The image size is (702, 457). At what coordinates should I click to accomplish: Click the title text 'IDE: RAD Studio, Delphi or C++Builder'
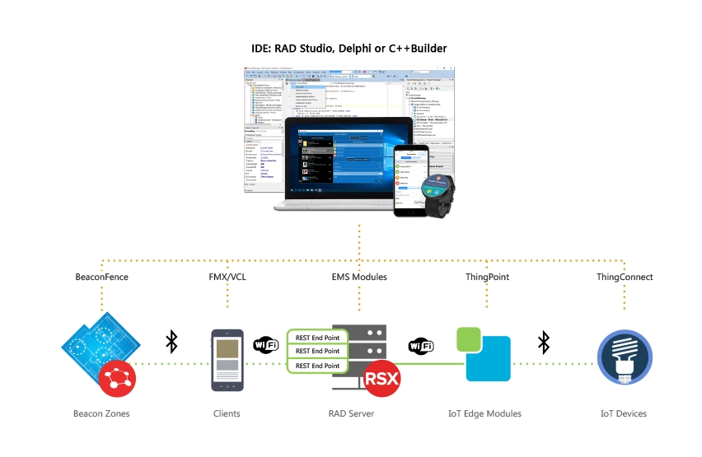click(349, 49)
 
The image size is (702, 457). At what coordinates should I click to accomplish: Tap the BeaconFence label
click(101, 277)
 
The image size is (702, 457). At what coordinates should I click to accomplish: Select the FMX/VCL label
click(227, 277)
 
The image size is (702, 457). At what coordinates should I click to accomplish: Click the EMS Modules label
click(358, 277)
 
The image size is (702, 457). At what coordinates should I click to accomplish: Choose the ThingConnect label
click(625, 277)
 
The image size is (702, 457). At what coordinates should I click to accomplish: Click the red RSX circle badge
click(382, 380)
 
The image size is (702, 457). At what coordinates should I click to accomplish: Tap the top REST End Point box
click(317, 337)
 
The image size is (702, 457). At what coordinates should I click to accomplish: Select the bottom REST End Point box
click(317, 366)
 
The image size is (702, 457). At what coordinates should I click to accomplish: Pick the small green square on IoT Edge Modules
click(468, 339)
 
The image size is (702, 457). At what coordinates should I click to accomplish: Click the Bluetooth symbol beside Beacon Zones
click(171, 342)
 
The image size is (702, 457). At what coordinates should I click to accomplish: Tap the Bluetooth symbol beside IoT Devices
click(544, 342)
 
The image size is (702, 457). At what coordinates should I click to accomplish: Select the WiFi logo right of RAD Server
click(421, 347)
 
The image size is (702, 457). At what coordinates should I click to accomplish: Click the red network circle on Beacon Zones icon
click(116, 380)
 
